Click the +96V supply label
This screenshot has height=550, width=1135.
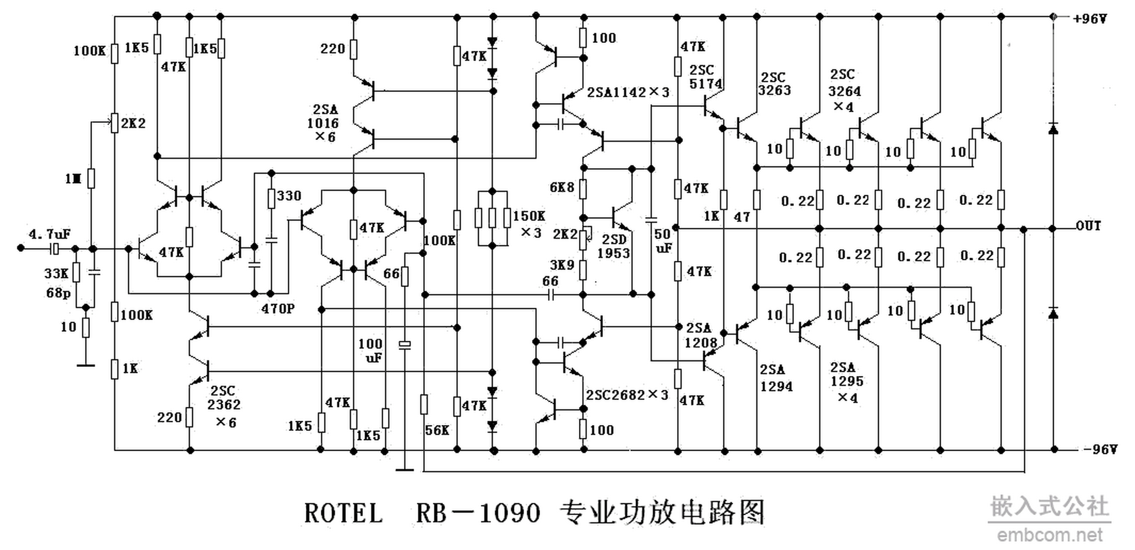(x=1089, y=19)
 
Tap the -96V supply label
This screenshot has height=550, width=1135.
(x=1100, y=449)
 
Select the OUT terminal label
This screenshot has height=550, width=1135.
(x=1088, y=226)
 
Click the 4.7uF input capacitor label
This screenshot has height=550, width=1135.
(x=49, y=234)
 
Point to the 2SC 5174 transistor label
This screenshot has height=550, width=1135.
(x=705, y=77)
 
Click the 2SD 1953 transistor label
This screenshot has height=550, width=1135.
(x=614, y=247)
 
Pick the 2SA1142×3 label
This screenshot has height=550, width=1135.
(x=628, y=92)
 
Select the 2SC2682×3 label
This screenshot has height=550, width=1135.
(x=627, y=395)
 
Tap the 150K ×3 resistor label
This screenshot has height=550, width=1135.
(x=529, y=224)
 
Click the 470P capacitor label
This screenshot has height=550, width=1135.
(x=277, y=309)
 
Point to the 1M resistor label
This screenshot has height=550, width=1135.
(x=73, y=179)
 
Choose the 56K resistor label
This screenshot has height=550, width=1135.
(x=437, y=430)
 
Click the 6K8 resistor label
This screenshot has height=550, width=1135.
(x=562, y=188)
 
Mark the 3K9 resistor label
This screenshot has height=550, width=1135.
(x=562, y=265)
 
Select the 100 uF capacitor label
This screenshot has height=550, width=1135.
(x=370, y=351)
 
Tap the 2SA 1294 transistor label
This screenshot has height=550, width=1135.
(x=775, y=378)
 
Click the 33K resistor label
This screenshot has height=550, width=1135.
(x=56, y=273)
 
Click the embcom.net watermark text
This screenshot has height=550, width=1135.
(x=1049, y=535)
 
